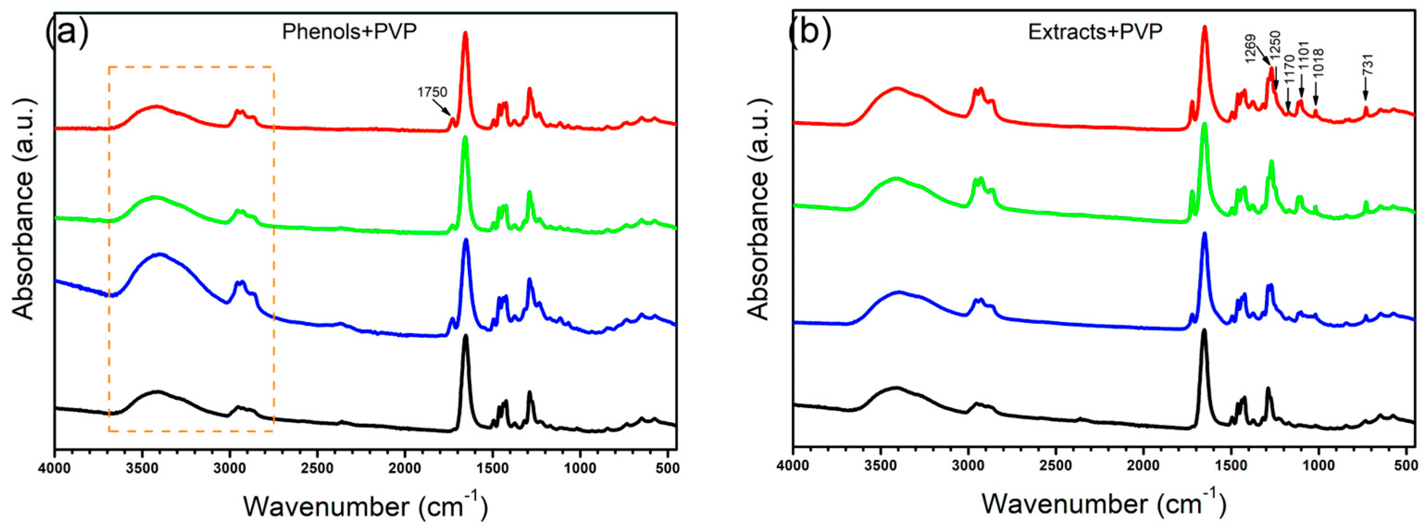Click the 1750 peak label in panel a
[x=432, y=93]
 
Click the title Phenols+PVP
[x=349, y=31]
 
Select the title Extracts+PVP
[x=1095, y=31]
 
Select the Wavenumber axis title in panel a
[x=366, y=505]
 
